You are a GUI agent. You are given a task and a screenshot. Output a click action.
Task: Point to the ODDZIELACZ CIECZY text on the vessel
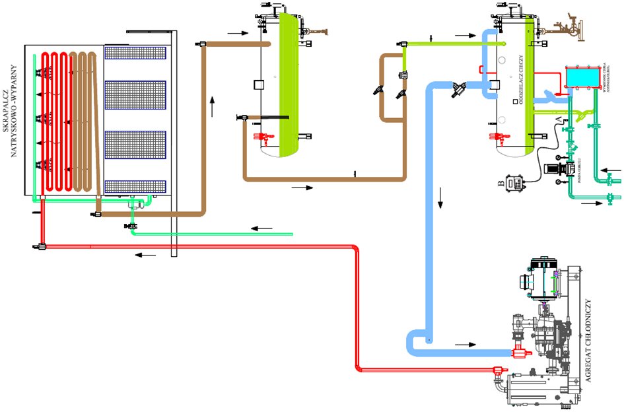[x=521, y=73]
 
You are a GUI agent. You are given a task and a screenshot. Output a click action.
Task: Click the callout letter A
[x=559, y=118]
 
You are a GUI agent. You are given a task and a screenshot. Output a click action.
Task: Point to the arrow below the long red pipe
[x=147, y=254]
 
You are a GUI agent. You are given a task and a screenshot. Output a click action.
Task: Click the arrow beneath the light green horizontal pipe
[x=261, y=228]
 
